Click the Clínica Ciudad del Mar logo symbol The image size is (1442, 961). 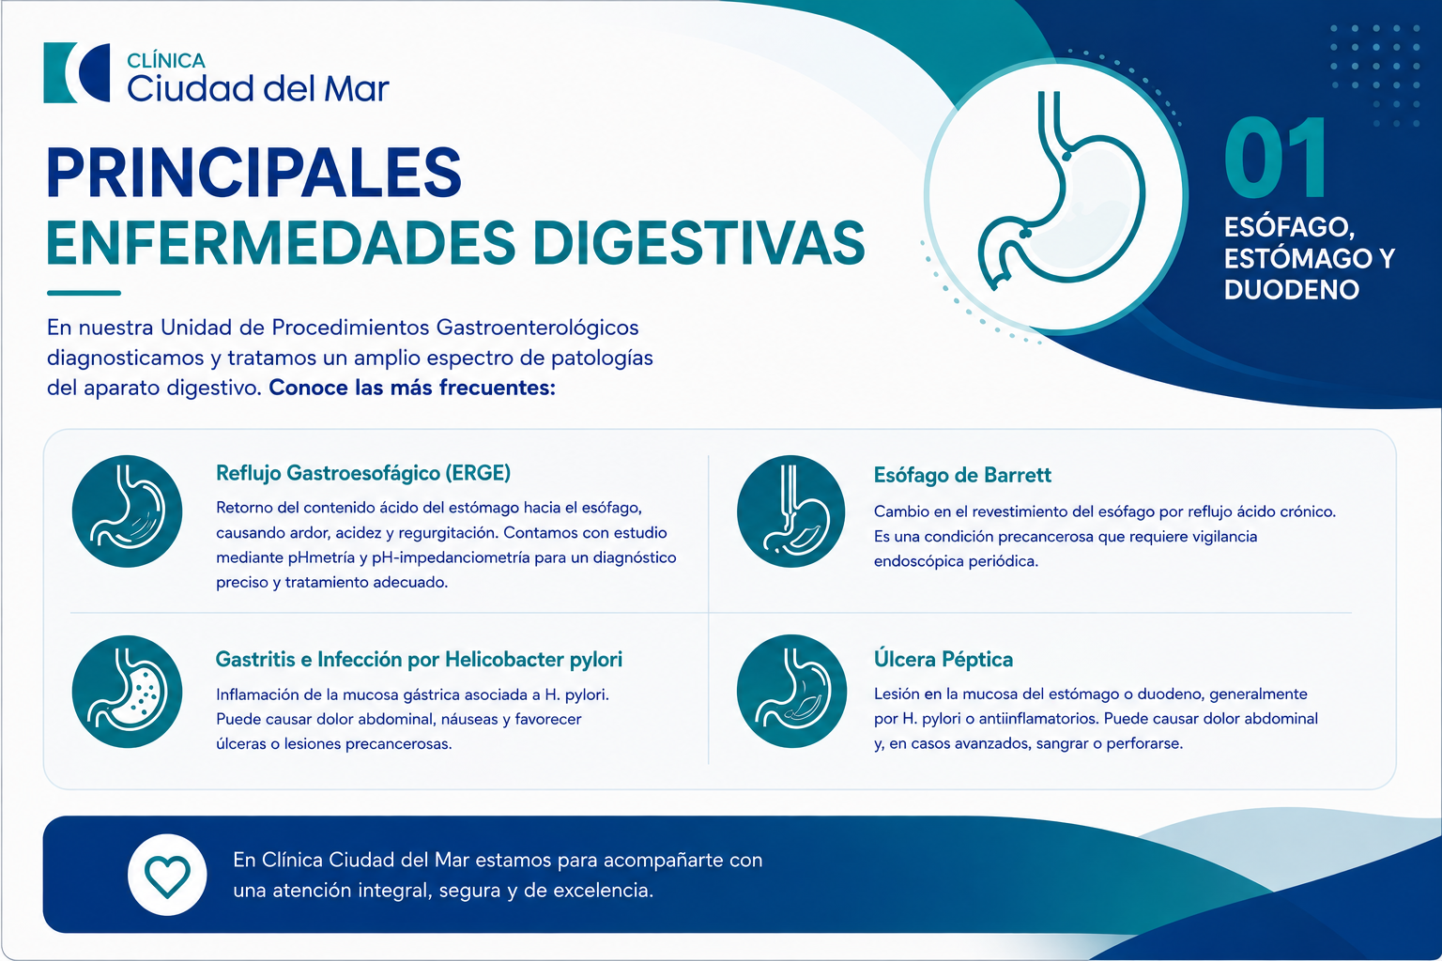77,73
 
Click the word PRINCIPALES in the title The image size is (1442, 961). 254,173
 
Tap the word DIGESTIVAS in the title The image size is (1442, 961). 699,243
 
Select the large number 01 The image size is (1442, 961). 1275,158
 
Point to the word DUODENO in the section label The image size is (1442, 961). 1292,290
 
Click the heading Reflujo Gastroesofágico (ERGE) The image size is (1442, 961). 363,473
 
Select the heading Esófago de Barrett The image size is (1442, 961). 962,475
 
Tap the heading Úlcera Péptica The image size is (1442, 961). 943,659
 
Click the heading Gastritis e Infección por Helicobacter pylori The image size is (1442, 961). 419,659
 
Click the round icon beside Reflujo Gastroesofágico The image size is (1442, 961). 127,511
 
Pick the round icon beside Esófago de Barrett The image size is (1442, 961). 791,511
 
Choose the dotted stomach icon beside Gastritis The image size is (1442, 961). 127,692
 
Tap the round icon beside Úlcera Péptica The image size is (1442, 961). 791,692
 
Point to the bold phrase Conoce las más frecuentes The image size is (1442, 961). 412,388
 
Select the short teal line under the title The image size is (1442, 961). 84,293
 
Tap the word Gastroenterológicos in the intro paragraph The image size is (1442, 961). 538,328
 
